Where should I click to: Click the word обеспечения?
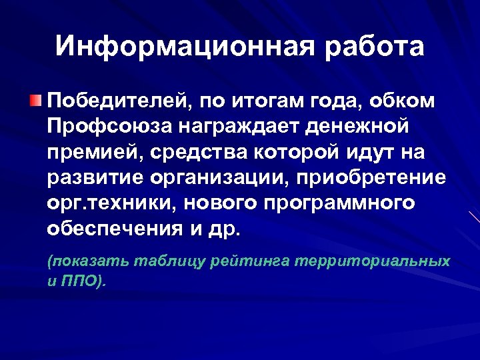click(114, 229)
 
